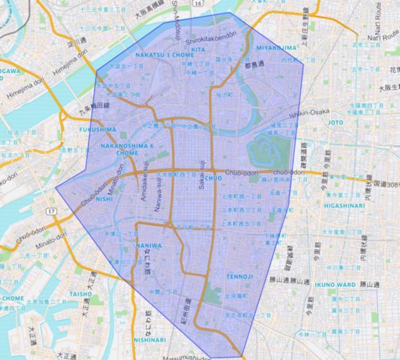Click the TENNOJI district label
[239, 276]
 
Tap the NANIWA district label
[149, 245]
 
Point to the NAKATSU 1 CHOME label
[164, 55]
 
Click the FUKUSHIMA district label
[98, 130]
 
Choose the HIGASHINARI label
[344, 205]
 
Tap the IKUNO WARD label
[334, 285]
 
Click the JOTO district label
[336, 122]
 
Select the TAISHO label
[80, 294]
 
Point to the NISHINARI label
[149, 340]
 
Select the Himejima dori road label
[26, 89]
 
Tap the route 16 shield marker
[196, 3]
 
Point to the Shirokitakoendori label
[211, 40]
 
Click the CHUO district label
[213, 178]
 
